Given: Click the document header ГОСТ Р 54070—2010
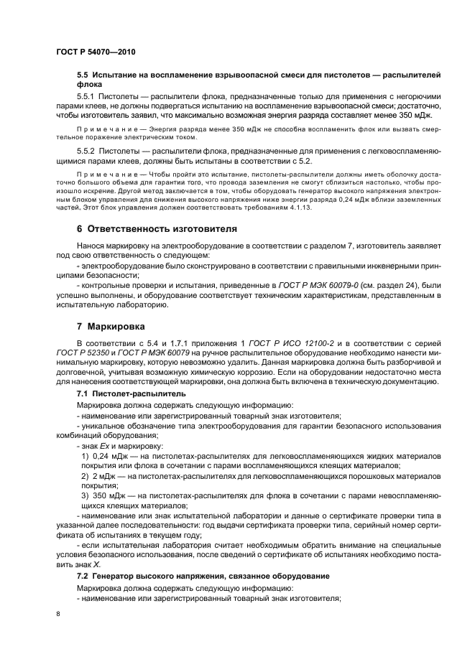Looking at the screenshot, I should [96, 52].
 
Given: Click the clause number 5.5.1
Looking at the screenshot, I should [88, 95].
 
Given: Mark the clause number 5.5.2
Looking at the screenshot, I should [88, 151].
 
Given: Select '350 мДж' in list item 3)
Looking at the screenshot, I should [109, 496].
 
